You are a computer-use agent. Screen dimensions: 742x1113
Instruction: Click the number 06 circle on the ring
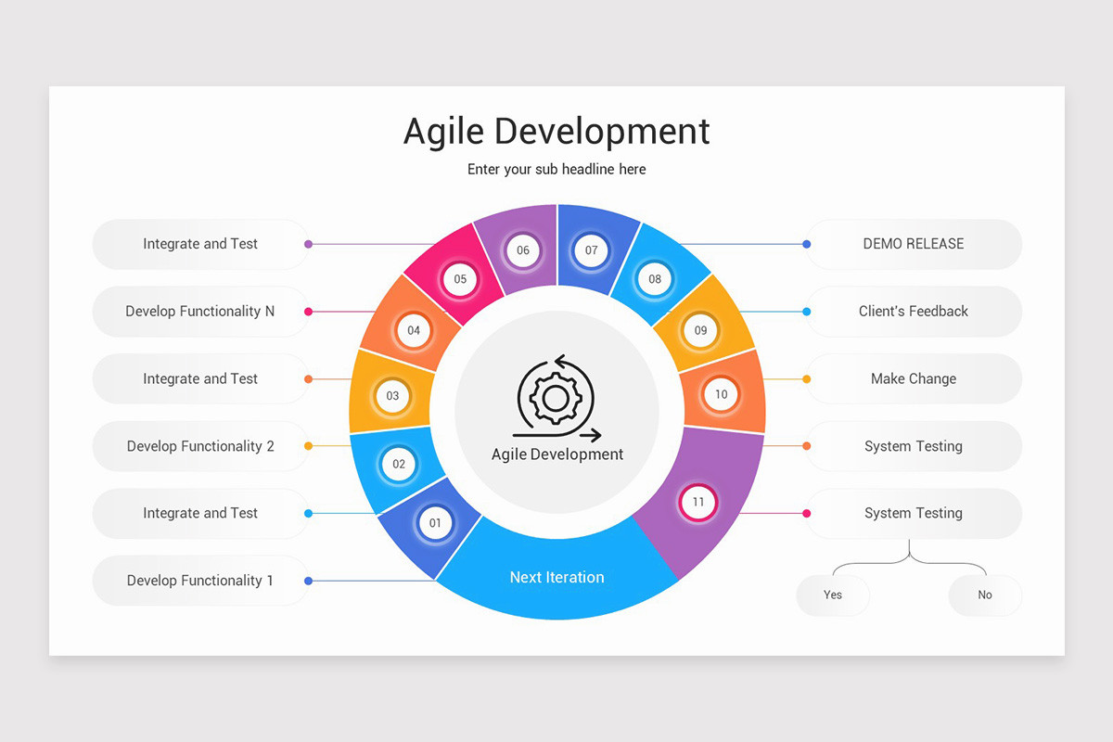pyautogui.click(x=523, y=250)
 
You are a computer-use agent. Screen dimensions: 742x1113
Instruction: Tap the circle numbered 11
pyautogui.click(x=698, y=503)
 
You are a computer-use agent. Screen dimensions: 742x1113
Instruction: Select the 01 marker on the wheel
pyautogui.click(x=435, y=523)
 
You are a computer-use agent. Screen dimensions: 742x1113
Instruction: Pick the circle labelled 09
pyautogui.click(x=700, y=330)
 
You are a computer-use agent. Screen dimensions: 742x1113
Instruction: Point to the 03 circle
pyautogui.click(x=392, y=396)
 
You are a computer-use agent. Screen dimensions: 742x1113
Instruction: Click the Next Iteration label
pyautogui.click(x=556, y=577)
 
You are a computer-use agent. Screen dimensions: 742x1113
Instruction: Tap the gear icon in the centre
pyautogui.click(x=555, y=398)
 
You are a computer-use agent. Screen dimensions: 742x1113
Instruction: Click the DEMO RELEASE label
pyautogui.click(x=913, y=244)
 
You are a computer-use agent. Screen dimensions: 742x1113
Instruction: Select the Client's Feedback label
pyautogui.click(x=913, y=312)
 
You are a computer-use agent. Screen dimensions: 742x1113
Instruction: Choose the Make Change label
pyautogui.click(x=913, y=378)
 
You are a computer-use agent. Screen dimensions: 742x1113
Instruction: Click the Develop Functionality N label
pyautogui.click(x=200, y=312)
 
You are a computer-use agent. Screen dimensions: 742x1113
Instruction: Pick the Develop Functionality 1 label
pyautogui.click(x=200, y=581)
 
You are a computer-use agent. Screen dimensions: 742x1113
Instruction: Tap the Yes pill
pyautogui.click(x=833, y=595)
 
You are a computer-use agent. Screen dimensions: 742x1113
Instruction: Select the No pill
pyautogui.click(x=985, y=595)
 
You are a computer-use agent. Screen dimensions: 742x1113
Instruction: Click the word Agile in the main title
pyautogui.click(x=443, y=132)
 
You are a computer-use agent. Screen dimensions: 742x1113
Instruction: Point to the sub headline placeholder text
pyautogui.click(x=556, y=169)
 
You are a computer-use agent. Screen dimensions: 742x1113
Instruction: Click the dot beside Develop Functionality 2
pyautogui.click(x=309, y=446)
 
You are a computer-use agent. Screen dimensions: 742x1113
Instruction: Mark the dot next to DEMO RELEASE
pyautogui.click(x=807, y=244)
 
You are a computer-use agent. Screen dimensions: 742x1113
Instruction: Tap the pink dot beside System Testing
pyautogui.click(x=807, y=513)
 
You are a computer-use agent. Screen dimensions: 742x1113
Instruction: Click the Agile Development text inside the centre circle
pyautogui.click(x=556, y=454)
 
